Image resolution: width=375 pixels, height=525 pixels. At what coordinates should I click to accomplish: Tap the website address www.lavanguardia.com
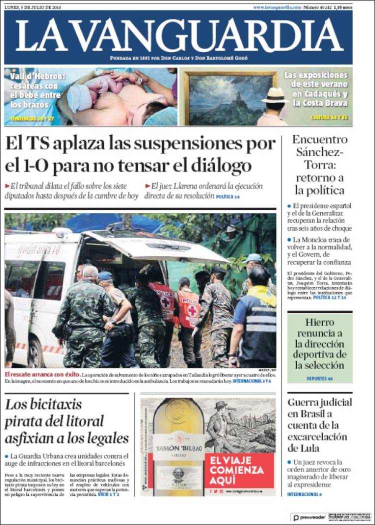click(277, 7)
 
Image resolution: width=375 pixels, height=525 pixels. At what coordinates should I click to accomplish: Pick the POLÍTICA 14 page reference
click(228, 197)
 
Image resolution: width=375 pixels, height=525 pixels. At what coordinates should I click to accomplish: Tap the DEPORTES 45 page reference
click(319, 378)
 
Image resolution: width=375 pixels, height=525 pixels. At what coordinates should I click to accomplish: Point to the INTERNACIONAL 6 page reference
click(304, 494)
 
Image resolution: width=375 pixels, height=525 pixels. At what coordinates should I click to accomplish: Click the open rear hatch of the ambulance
click(155, 246)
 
